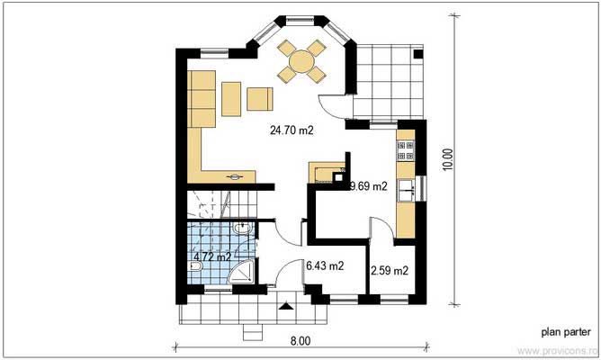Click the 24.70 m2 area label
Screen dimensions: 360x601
[292, 130]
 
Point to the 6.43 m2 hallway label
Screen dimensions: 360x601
[324, 265]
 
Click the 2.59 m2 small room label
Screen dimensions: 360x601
[390, 270]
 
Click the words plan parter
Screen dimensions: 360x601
[564, 332]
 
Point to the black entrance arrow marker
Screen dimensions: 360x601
[287, 308]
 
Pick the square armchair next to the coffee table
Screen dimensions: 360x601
[261, 98]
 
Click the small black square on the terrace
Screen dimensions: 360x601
[417, 54]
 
